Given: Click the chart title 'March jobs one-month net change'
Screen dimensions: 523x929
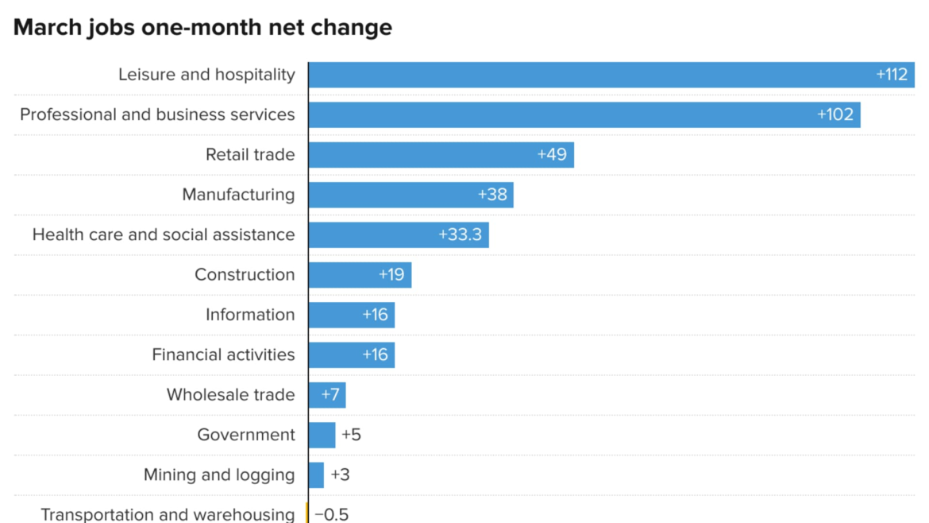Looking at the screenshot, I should point(202,27).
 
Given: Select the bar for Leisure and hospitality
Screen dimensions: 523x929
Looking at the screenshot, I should point(588,75).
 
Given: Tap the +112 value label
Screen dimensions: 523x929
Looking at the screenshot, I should point(892,75).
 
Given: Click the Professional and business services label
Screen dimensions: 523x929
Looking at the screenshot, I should point(157,114).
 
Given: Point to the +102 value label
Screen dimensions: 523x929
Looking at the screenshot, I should point(835,114).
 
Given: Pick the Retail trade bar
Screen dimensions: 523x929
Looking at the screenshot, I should point(421,155).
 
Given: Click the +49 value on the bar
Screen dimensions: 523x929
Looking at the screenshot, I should point(552,155).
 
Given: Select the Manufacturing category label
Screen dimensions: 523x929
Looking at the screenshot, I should point(238,195).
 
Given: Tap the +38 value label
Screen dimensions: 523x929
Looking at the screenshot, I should point(492,195).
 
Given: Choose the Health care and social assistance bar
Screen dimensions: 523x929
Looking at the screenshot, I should point(373,235).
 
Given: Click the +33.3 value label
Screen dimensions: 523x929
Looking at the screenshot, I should point(461,235).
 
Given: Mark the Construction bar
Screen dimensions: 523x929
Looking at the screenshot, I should point(341,275).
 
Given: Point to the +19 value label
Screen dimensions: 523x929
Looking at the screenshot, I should point(391,275).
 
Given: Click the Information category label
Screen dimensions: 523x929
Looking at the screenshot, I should point(250,315).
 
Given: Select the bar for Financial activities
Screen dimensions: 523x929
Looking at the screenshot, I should point(333,355).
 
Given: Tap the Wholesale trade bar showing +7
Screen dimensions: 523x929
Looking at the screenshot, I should point(327,395).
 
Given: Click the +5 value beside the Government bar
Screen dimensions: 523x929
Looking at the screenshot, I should point(351,435).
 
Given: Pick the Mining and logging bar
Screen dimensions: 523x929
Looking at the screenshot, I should point(316,475).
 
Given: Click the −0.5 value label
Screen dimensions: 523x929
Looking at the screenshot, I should point(332,514).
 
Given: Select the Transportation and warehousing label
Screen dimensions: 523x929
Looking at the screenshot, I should point(168,514).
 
